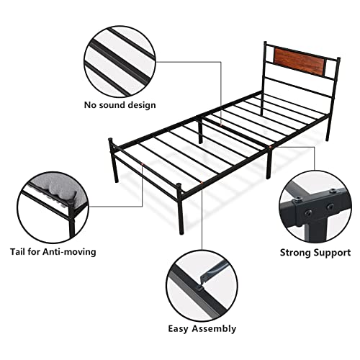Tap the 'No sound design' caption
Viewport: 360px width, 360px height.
coord(120,105)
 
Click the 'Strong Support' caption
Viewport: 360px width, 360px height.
coord(315,253)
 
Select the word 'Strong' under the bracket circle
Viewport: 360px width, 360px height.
coord(296,253)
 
